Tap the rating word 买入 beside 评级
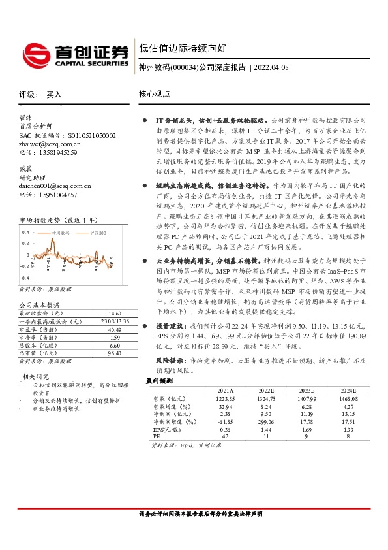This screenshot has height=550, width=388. (x=54, y=95)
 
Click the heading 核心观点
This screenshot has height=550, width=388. (x=155, y=94)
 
